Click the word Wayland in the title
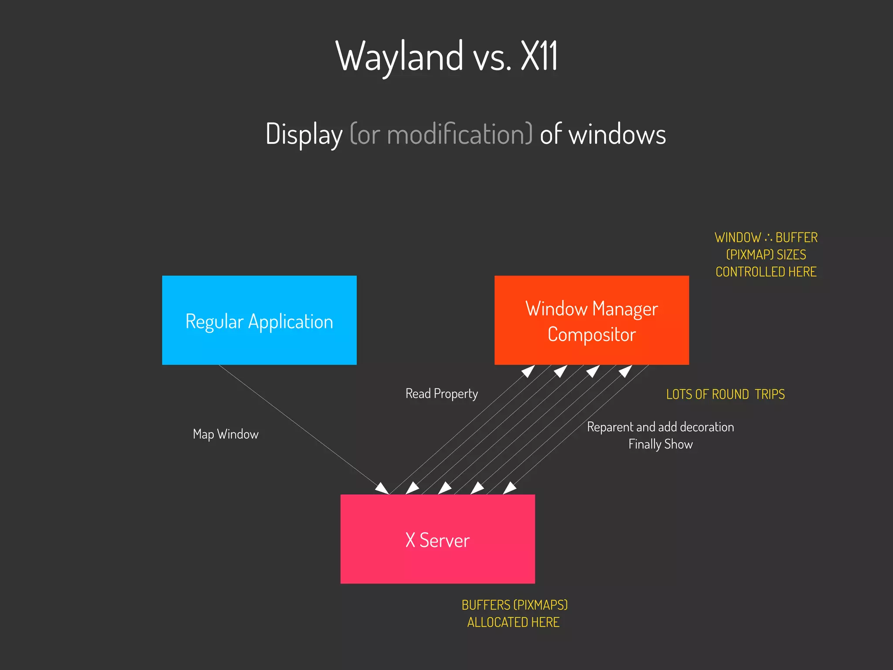coord(399,57)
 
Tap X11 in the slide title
coord(539,57)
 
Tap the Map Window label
coord(225,434)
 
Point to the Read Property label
coord(441,394)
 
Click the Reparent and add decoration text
coord(660,427)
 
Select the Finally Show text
coord(660,444)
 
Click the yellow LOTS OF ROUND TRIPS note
coord(725,394)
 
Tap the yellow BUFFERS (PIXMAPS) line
coord(515,605)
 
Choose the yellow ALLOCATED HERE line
coord(513,622)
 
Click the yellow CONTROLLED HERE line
coord(766,272)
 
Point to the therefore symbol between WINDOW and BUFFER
coord(768,238)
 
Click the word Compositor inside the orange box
coord(592,335)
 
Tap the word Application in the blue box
coord(290,322)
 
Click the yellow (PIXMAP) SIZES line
coord(766,255)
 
